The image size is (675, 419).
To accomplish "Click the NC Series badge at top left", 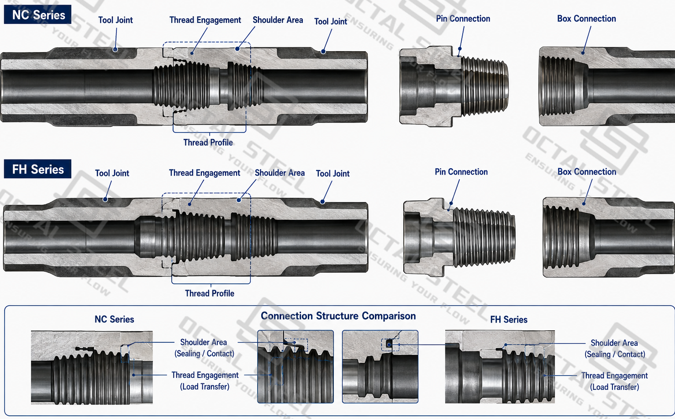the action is pyautogui.click(x=37, y=15).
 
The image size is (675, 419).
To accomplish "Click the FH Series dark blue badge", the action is pyautogui.click(x=37, y=169).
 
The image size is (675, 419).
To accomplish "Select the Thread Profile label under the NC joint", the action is pyautogui.click(x=208, y=143).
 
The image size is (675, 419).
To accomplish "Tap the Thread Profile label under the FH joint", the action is pyautogui.click(x=210, y=293).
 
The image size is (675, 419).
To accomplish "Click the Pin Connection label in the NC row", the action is pyautogui.click(x=463, y=19).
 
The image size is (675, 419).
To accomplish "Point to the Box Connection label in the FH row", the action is pyautogui.click(x=587, y=172).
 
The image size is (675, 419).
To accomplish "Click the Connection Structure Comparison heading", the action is pyautogui.click(x=338, y=316).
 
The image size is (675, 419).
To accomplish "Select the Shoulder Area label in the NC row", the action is pyautogui.click(x=278, y=20).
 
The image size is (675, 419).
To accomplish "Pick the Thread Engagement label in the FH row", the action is pyautogui.click(x=205, y=173).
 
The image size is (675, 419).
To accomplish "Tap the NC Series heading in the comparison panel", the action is pyautogui.click(x=114, y=319).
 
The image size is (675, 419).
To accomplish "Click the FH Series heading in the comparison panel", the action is pyautogui.click(x=509, y=319).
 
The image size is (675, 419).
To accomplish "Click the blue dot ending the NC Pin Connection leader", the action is pyautogui.click(x=460, y=49).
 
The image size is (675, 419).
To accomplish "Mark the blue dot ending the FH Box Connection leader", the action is pyautogui.click(x=584, y=204).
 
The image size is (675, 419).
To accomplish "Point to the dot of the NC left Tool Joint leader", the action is pyautogui.click(x=115, y=49).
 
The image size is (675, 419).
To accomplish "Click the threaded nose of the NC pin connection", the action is pyautogui.click(x=485, y=86).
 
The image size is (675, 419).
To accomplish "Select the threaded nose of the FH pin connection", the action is pyautogui.click(x=484, y=238).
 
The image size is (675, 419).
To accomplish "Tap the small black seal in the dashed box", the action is pyautogui.click(x=389, y=344).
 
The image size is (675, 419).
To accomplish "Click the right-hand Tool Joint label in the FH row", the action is pyautogui.click(x=332, y=174).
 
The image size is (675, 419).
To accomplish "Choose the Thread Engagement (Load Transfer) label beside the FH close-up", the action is pyautogui.click(x=614, y=382).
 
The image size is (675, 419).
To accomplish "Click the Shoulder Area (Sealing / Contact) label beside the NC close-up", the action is pyautogui.click(x=204, y=348).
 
